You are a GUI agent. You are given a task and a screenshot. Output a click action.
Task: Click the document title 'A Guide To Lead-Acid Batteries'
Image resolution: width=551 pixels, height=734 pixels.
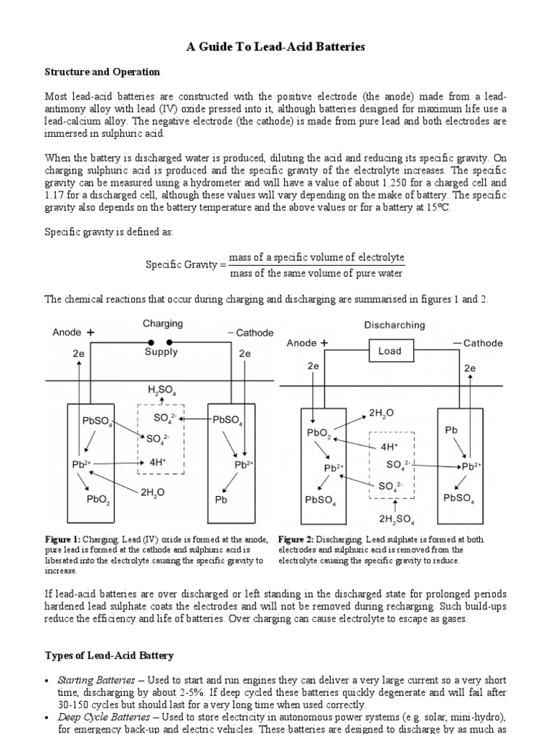coord(276,47)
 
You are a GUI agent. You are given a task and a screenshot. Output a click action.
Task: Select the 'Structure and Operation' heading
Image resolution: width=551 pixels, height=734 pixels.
coord(103,72)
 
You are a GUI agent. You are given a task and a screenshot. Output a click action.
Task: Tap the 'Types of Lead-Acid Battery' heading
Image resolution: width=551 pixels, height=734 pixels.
coord(109,655)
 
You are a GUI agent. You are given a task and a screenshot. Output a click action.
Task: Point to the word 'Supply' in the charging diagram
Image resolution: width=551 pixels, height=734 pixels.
coord(161,352)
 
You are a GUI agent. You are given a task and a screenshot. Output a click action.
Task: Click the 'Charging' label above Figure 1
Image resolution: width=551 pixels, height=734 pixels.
coord(163,324)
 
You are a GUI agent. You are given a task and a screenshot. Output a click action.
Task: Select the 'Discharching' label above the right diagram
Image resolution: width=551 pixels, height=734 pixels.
coord(394,325)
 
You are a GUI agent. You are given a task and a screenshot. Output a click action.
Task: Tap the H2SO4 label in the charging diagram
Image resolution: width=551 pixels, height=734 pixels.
coord(162,391)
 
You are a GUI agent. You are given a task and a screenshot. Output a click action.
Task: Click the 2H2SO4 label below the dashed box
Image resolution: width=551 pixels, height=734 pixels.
coord(396,518)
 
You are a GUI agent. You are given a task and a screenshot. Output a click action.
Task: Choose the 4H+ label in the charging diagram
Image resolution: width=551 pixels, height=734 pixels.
coord(158,463)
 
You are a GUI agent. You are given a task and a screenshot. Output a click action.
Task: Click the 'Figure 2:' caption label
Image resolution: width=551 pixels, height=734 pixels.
coord(297,540)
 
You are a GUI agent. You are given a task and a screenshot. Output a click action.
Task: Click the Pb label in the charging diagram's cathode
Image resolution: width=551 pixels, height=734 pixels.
coord(220,500)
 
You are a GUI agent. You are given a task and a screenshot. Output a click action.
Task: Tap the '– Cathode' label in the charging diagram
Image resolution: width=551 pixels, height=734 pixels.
coord(250,333)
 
